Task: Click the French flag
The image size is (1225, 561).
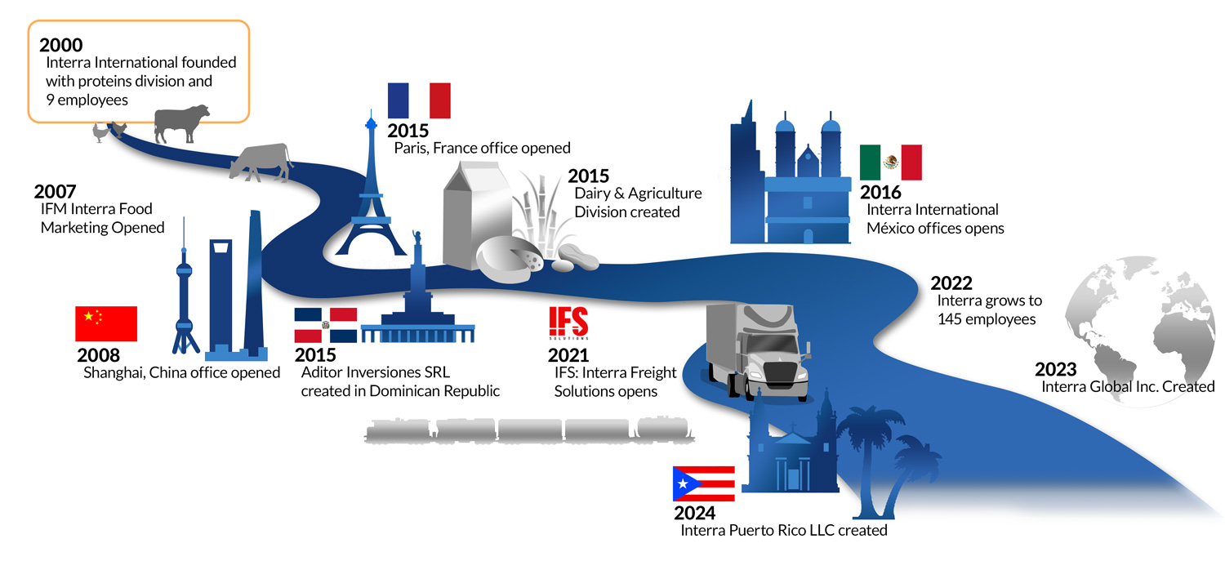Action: (419, 100)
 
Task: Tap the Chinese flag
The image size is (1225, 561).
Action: (106, 323)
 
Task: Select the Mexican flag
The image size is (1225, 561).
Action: (890, 163)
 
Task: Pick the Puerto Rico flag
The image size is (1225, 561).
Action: (703, 483)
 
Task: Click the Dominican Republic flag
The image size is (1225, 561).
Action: (325, 325)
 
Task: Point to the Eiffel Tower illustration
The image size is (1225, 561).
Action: (372, 196)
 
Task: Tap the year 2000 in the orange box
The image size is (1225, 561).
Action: (60, 45)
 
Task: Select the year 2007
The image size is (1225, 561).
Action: (56, 192)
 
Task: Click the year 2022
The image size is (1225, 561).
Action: (951, 283)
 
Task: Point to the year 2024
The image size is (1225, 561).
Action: (694, 513)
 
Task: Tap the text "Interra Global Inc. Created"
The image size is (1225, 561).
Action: (1128, 386)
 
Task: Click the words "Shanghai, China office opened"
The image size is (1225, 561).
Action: (181, 372)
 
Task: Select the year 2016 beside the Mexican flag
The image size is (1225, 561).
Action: (880, 193)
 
